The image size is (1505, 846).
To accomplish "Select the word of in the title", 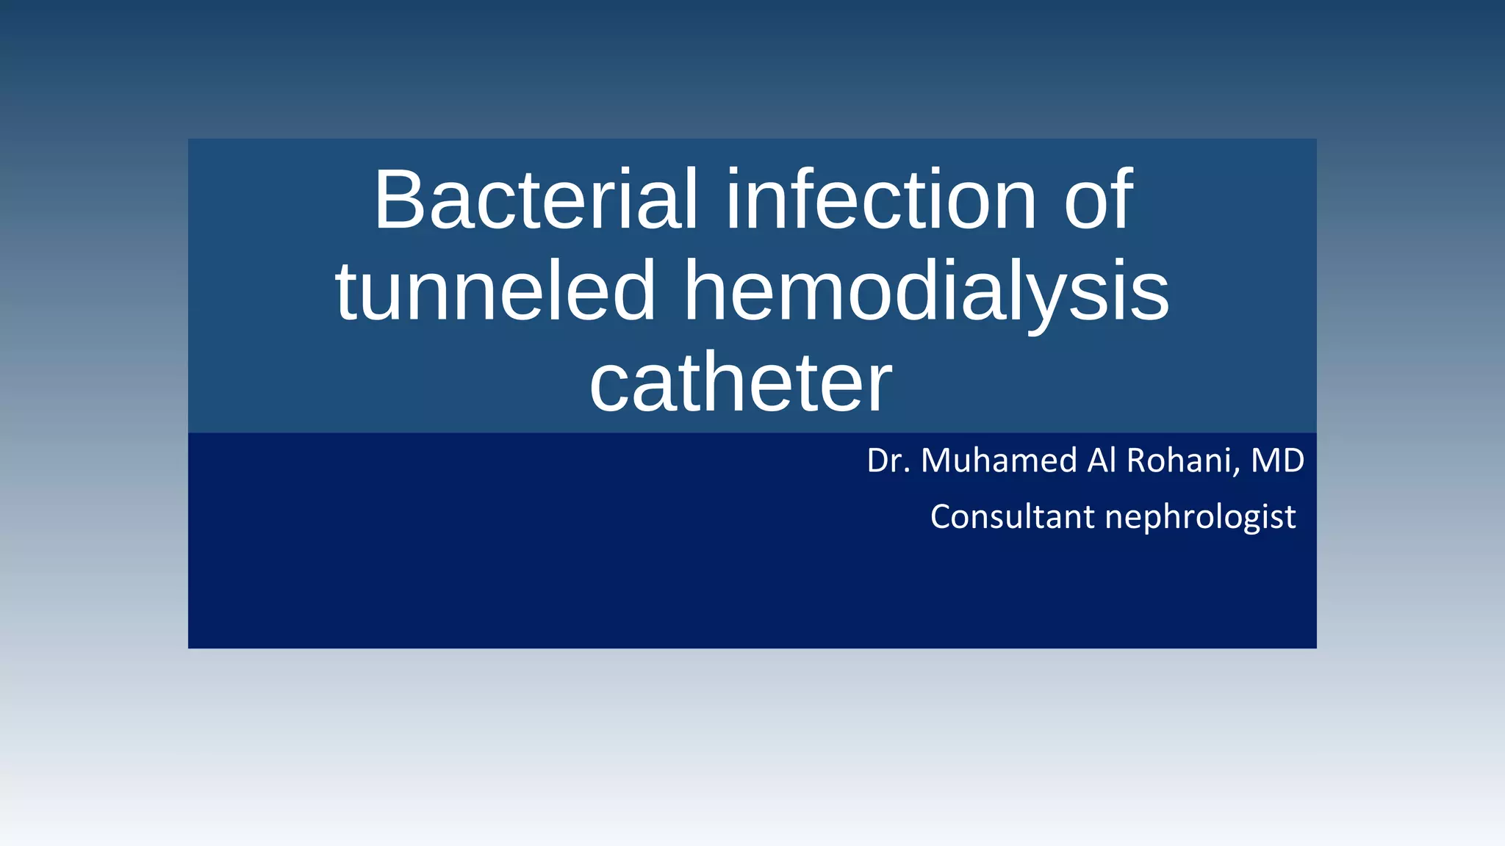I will [1099, 200].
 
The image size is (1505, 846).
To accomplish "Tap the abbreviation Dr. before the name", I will [888, 460].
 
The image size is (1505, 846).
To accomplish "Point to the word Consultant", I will [1012, 516].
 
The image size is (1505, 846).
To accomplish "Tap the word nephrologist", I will [1200, 518].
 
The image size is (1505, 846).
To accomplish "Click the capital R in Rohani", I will [1136, 460].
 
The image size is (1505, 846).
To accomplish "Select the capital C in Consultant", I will [941, 516].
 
